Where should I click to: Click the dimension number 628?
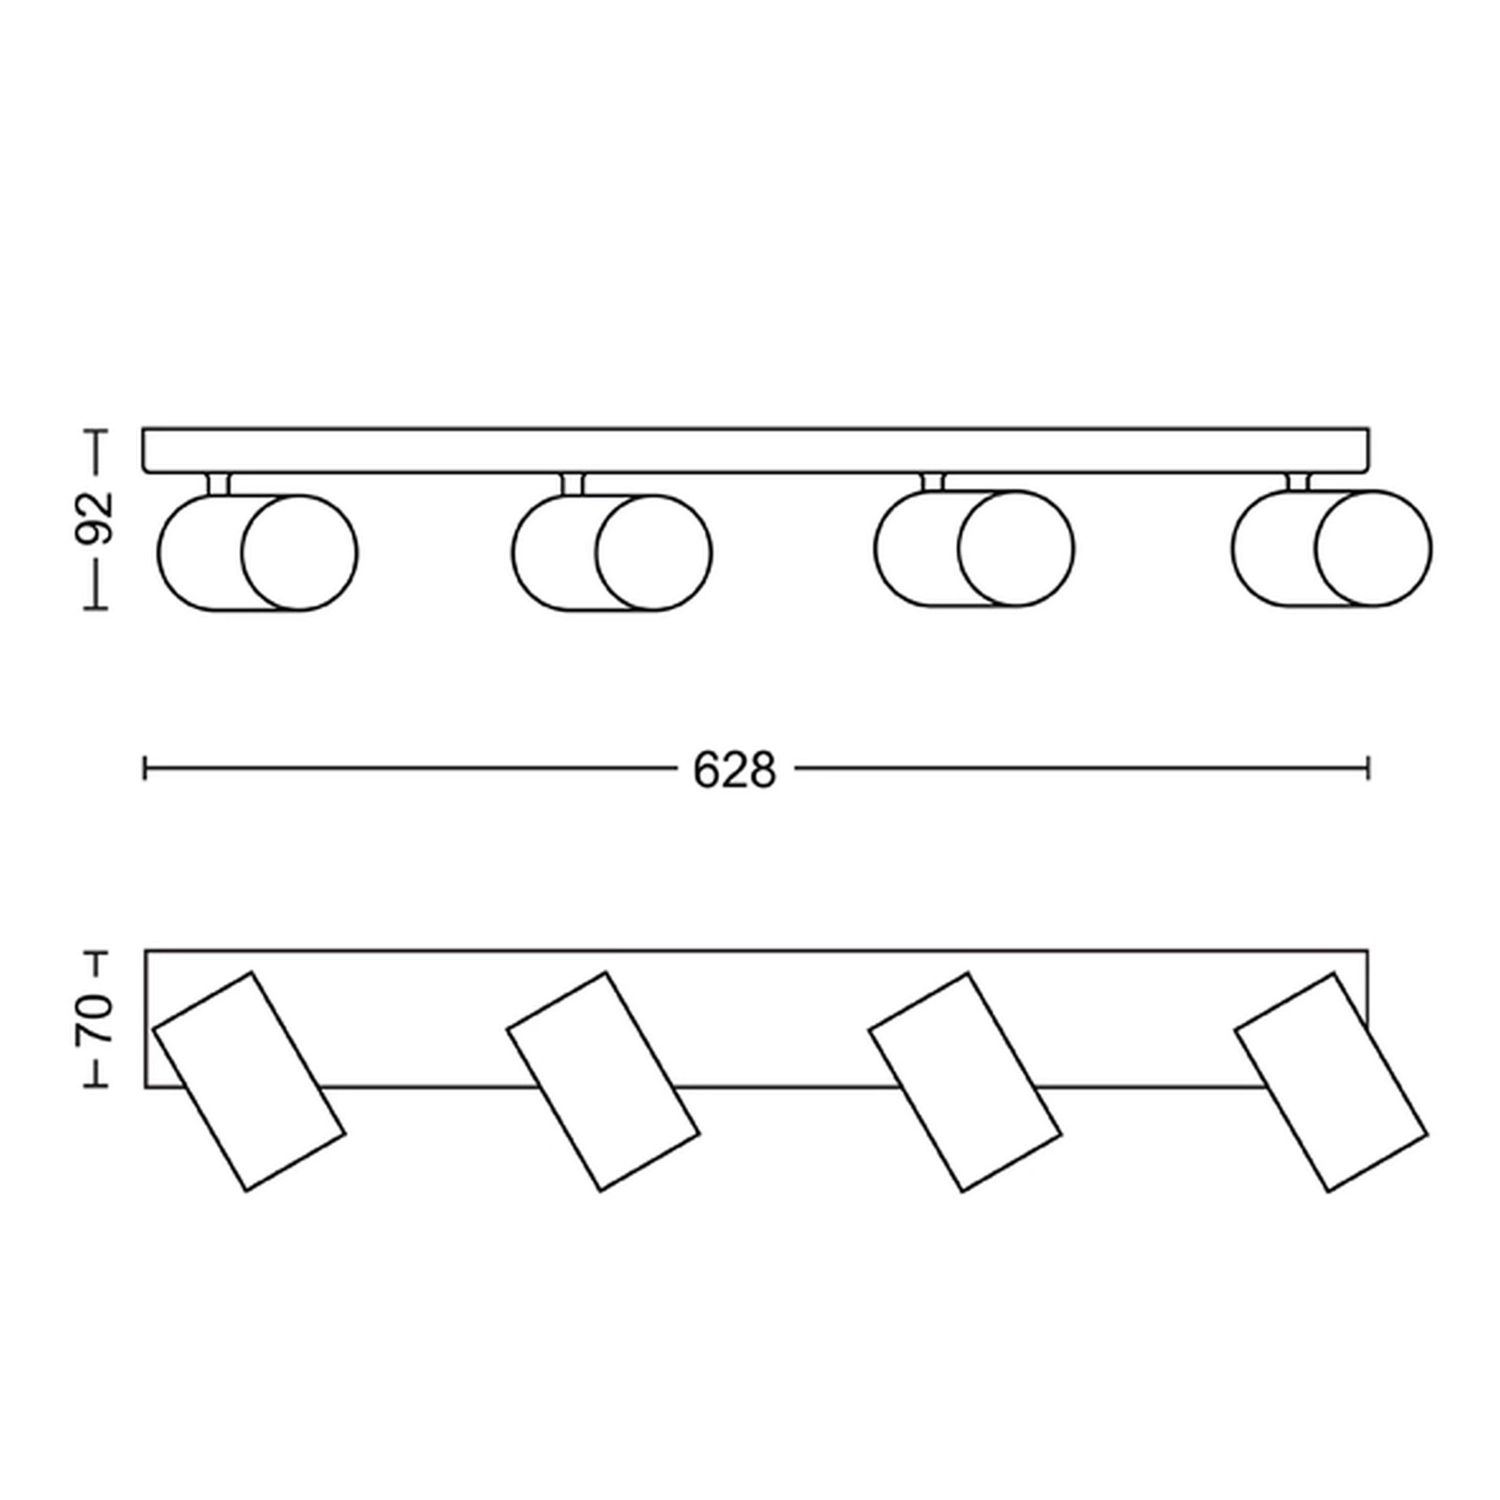click(x=735, y=770)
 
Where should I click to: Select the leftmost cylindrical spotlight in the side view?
click(x=258, y=552)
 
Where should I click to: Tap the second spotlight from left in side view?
click(x=612, y=552)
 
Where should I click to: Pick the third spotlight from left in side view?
click(x=974, y=548)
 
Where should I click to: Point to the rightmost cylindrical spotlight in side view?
click(x=1332, y=548)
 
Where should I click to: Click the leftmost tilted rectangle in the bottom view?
click(x=249, y=1081)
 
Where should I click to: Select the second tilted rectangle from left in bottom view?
click(x=604, y=1081)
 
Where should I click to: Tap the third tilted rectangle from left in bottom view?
click(x=966, y=1081)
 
